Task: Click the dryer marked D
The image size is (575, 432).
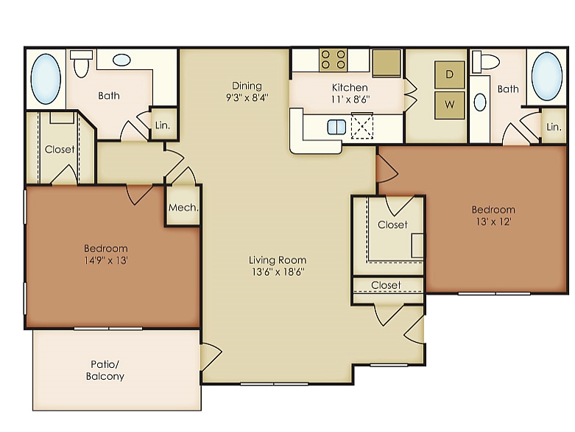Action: [x=450, y=74]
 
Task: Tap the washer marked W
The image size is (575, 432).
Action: [x=450, y=105]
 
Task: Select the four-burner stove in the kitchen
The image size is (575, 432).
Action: [x=333, y=60]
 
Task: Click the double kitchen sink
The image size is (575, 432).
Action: [x=336, y=128]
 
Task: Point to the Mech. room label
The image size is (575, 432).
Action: [x=183, y=208]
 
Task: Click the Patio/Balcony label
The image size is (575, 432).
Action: [x=105, y=370]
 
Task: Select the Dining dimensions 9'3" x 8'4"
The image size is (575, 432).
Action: [x=247, y=97]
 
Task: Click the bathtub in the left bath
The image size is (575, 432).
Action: [x=46, y=79]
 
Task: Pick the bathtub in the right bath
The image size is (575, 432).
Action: [x=547, y=77]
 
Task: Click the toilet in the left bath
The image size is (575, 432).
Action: [x=82, y=63]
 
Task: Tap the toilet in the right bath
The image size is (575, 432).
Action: [x=484, y=62]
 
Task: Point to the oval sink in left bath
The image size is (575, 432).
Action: [x=121, y=60]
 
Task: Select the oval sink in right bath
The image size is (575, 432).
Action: [x=480, y=102]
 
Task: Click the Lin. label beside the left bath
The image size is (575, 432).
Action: [x=163, y=125]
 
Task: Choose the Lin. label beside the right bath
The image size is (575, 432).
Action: [x=554, y=127]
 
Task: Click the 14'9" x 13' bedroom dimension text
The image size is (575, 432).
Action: [x=106, y=260]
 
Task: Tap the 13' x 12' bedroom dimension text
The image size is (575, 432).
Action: [x=493, y=222]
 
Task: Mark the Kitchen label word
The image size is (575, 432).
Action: [x=350, y=87]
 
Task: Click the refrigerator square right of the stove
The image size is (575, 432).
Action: [x=387, y=63]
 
